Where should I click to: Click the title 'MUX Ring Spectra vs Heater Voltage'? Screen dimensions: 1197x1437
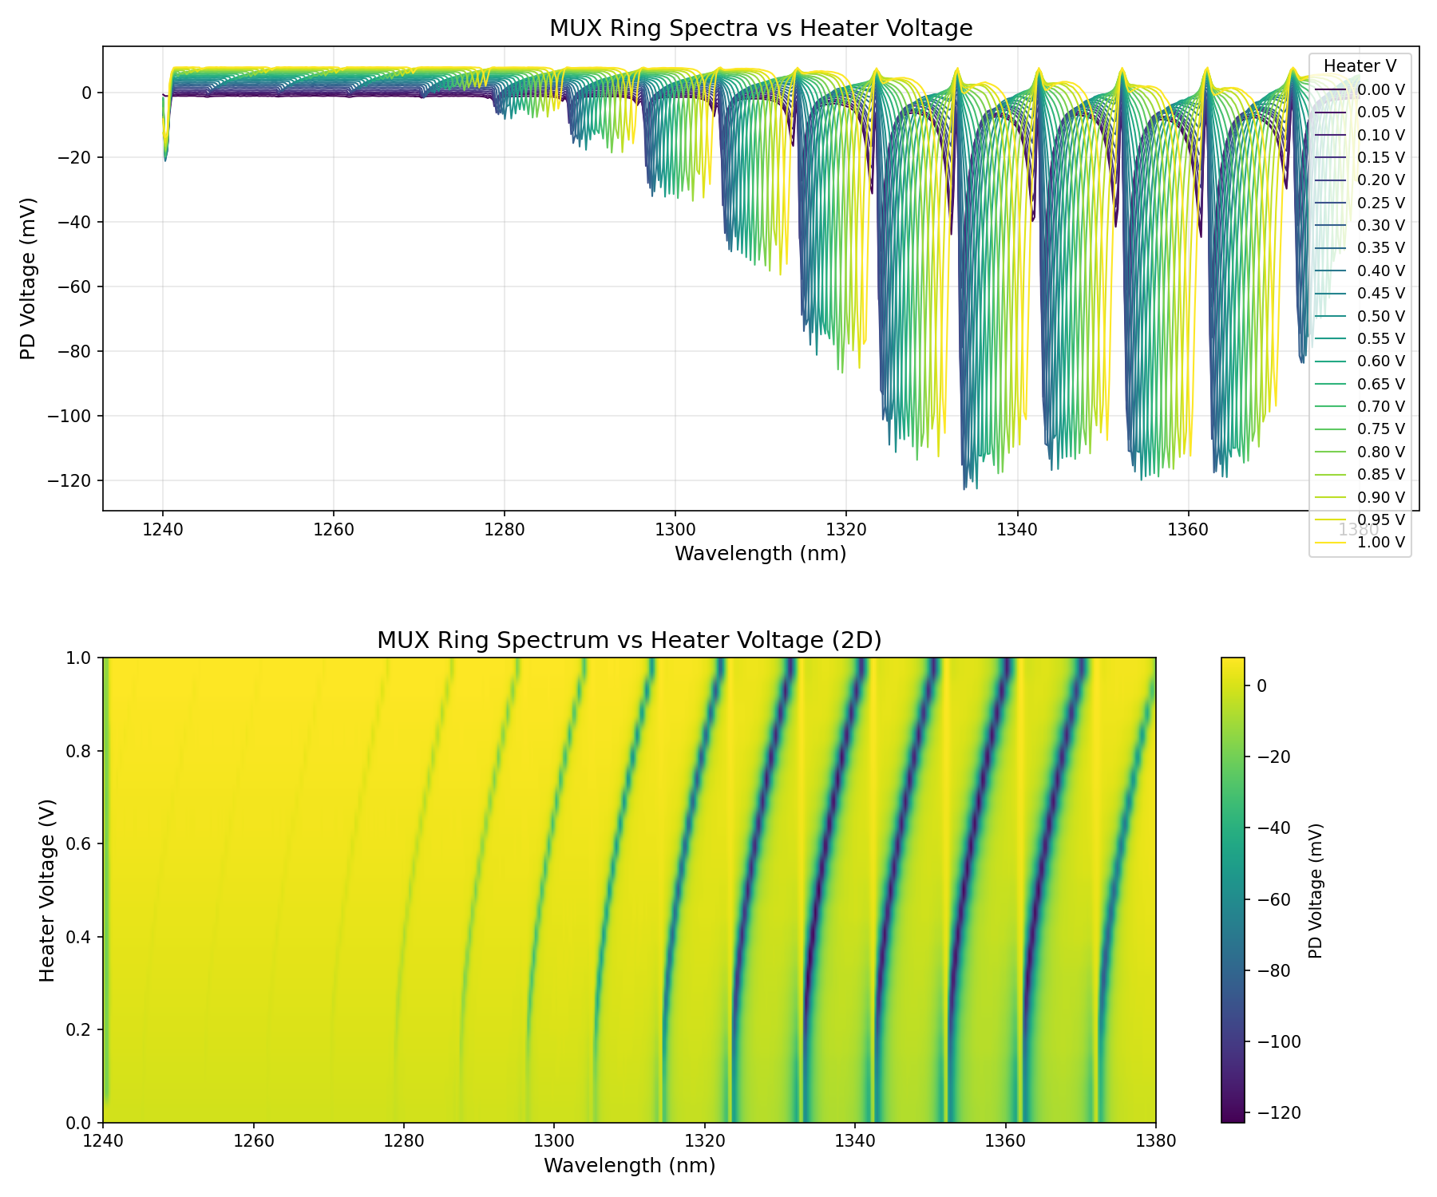[761, 29]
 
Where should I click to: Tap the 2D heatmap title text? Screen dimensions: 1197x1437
[629, 641]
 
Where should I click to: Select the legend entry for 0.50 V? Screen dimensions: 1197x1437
[1380, 316]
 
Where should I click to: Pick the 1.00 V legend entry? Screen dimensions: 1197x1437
[1380, 543]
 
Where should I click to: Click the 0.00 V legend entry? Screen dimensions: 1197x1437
[1380, 90]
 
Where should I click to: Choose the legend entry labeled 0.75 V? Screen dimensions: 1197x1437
[1380, 429]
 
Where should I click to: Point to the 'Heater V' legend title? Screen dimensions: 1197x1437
[1360, 65]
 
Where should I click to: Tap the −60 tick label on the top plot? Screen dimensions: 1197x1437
[73, 286]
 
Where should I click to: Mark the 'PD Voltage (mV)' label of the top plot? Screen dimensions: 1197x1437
[29, 279]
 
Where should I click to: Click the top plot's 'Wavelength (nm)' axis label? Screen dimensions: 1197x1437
[760, 553]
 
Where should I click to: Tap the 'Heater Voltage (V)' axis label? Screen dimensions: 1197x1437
[48, 890]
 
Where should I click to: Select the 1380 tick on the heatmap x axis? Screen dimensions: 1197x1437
[1155, 1142]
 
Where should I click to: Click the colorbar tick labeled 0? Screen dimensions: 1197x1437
[1262, 685]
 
